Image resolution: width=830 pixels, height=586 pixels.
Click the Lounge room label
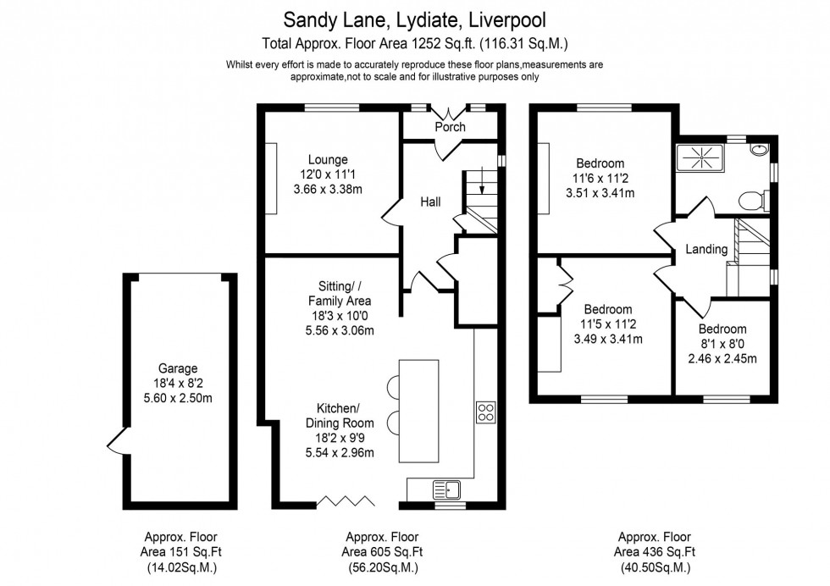(328, 159)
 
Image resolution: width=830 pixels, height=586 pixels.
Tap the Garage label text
(178, 368)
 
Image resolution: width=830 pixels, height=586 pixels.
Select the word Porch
(450, 127)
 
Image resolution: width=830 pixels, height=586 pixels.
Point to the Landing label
(706, 249)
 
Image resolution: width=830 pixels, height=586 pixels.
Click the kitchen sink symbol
(445, 489)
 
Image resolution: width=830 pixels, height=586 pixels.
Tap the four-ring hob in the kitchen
(487, 412)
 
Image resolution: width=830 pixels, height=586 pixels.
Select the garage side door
(116, 440)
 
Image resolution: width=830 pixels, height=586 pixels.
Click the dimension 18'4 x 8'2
(178, 383)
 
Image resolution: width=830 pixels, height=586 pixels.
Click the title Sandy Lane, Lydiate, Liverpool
(415, 19)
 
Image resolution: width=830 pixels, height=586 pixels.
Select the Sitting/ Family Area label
(339, 294)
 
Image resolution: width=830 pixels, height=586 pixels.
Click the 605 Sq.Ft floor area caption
(382, 552)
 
